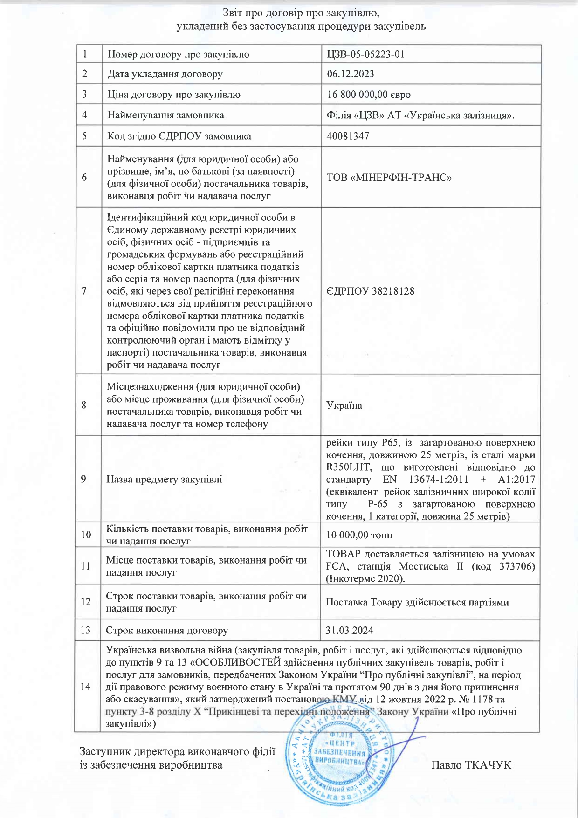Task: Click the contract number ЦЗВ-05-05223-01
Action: [365, 54]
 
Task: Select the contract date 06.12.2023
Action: [350, 74]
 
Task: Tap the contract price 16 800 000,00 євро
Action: [368, 95]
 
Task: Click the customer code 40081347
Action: [348, 136]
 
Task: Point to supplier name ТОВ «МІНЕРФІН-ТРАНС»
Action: [389, 178]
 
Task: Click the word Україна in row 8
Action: [344, 405]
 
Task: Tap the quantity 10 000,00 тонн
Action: [359, 535]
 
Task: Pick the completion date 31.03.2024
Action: [349, 630]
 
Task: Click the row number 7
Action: [84, 291]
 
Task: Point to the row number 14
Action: [85, 687]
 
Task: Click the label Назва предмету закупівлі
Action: [164, 479]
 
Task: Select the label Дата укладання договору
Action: [165, 74]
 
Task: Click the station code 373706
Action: [517, 566]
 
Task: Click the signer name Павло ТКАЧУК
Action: [471, 765]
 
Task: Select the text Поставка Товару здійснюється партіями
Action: [417, 602]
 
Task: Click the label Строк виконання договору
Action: [167, 630]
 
